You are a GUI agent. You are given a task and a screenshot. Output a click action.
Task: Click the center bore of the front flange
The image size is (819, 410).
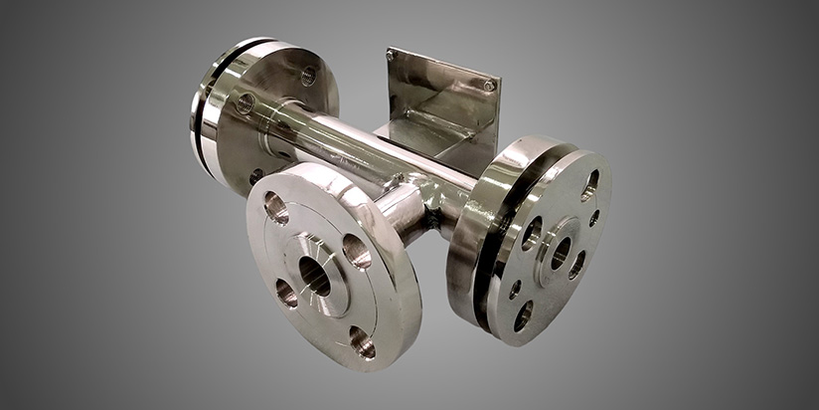click(315, 276)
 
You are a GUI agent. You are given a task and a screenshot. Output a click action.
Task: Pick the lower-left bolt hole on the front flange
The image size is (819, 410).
click(284, 293)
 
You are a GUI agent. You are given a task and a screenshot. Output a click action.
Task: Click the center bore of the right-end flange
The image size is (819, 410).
click(561, 252)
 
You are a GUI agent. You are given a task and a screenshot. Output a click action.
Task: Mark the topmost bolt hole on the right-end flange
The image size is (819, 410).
click(589, 184)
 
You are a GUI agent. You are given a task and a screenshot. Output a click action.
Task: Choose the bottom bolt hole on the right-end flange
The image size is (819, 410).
click(524, 315)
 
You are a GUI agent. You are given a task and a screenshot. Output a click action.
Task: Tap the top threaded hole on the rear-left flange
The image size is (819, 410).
click(308, 76)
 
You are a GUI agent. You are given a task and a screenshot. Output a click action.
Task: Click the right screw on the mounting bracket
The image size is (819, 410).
click(488, 86)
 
